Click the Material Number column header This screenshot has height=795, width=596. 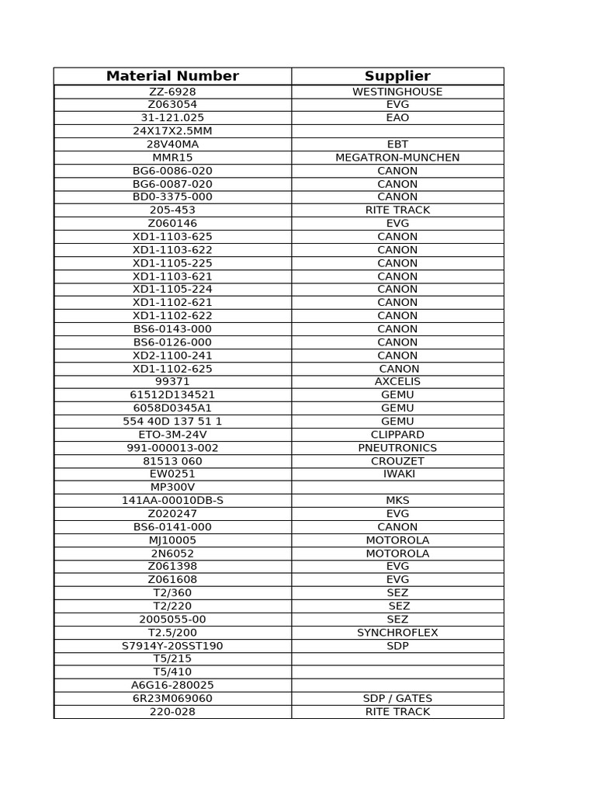(x=172, y=76)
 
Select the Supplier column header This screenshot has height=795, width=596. (x=397, y=76)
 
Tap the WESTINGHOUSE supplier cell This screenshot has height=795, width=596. (x=397, y=92)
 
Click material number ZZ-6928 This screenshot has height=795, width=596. (x=172, y=92)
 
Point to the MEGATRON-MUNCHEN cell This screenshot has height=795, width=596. (x=397, y=158)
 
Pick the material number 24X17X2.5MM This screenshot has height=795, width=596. (x=172, y=131)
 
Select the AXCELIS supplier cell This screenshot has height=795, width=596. (x=397, y=382)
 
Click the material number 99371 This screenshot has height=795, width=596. (x=172, y=382)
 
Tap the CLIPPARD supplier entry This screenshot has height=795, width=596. (x=397, y=435)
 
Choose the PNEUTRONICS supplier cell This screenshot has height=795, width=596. (x=397, y=448)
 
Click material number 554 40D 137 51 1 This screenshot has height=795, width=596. (x=172, y=422)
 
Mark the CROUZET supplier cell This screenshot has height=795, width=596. (x=397, y=461)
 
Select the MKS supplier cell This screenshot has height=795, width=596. (x=397, y=501)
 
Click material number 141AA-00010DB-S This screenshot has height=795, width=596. (x=172, y=501)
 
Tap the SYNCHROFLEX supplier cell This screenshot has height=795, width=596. (x=397, y=633)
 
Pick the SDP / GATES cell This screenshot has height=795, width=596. (x=397, y=699)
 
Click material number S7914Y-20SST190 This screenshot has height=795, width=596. (x=172, y=646)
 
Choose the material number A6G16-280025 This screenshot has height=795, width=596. (x=172, y=686)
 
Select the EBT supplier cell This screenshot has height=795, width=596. (x=397, y=144)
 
